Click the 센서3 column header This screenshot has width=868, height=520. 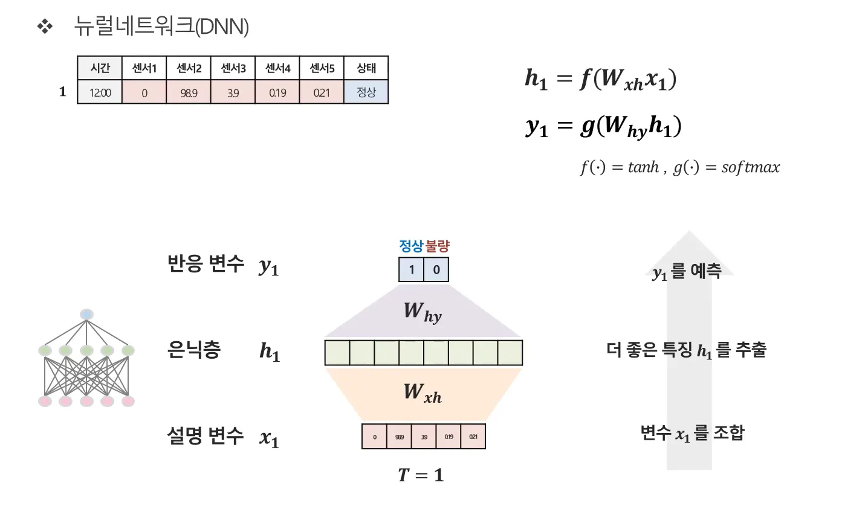click(233, 68)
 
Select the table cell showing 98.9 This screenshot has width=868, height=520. click(189, 93)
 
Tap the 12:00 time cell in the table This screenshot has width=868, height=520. click(100, 93)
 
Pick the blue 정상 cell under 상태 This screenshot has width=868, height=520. click(366, 92)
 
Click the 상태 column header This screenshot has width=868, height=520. click(366, 68)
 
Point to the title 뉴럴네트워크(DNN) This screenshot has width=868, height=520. click(161, 27)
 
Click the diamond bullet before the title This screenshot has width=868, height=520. click(45, 27)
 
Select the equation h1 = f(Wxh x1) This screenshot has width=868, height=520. click(600, 79)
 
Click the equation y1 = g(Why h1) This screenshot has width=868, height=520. click(603, 126)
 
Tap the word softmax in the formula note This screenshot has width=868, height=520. click(750, 167)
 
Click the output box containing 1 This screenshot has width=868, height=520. click(411, 269)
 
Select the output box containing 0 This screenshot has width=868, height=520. click(436, 269)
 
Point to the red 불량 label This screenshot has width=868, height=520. click(438, 246)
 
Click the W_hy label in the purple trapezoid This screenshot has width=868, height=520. click(423, 312)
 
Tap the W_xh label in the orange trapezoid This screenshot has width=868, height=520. click(423, 393)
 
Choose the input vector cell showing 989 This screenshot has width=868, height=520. click(399, 437)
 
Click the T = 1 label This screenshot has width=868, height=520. click(421, 475)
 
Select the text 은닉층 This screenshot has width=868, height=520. click(193, 350)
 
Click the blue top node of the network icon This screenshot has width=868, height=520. click(86, 314)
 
